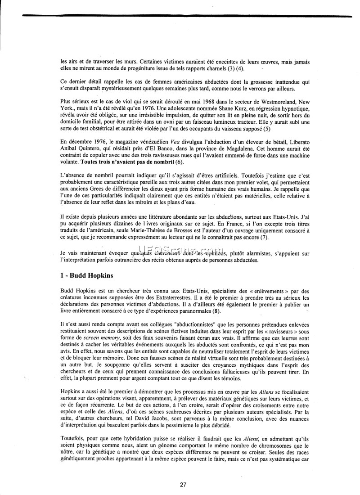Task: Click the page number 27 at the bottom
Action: coord(183,485)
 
